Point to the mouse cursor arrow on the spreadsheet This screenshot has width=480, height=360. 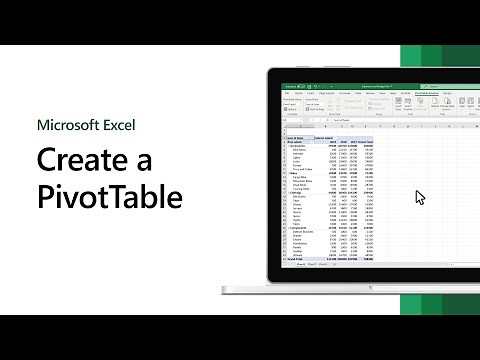click(420, 196)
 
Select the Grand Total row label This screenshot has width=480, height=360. click(294, 256)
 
